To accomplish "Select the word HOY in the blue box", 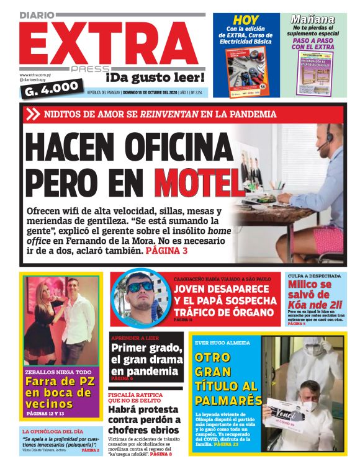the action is coord(246,20).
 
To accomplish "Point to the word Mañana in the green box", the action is coord(313,19).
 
